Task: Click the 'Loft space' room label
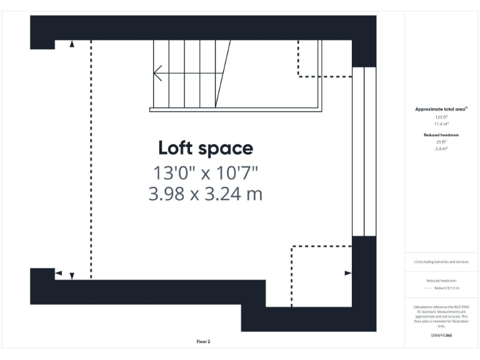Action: (x=205, y=148)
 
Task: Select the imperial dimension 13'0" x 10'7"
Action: (x=205, y=171)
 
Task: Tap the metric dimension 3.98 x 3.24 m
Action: (x=205, y=194)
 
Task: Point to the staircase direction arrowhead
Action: (x=157, y=74)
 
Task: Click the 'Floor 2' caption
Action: (x=203, y=341)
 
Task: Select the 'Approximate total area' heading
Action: (x=441, y=109)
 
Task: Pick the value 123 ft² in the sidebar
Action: (x=441, y=117)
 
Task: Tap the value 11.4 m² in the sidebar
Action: (x=441, y=124)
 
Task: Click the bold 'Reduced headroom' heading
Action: (x=441, y=135)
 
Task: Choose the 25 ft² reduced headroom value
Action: (x=441, y=142)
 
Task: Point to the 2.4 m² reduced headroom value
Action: (x=441, y=149)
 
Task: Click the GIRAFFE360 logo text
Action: (x=441, y=336)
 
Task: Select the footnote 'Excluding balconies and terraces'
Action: (x=441, y=262)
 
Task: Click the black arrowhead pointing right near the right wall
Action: (x=348, y=273)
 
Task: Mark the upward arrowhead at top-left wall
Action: (x=72, y=44)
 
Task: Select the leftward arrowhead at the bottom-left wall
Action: (x=58, y=273)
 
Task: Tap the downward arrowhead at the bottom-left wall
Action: (x=72, y=276)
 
